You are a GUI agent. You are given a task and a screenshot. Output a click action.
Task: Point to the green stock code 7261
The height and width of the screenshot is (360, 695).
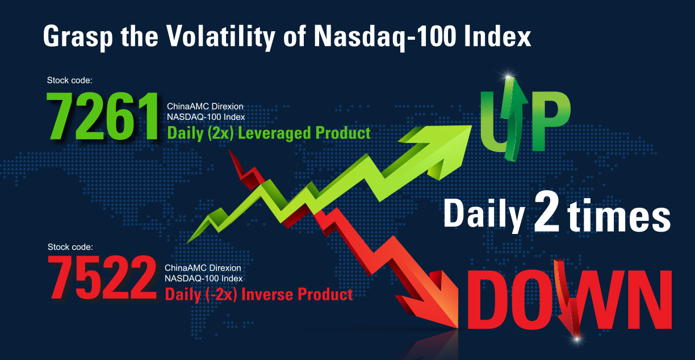tap(103, 116)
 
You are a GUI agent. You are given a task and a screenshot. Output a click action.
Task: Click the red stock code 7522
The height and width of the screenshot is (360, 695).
tap(102, 278)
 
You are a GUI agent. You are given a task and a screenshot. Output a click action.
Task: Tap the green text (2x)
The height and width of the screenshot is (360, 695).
tap(220, 133)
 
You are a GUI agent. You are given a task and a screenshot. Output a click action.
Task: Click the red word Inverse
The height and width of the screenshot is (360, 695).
tap(267, 294)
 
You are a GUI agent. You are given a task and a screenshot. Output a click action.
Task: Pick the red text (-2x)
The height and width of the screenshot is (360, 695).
tap(221, 295)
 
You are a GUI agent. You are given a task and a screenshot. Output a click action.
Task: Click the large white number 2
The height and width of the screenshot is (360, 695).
tap(547, 211)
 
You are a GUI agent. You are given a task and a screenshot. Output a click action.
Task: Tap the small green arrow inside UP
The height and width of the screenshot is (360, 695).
tap(514, 118)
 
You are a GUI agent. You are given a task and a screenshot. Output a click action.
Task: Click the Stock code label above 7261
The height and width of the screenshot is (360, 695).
tap(69, 81)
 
